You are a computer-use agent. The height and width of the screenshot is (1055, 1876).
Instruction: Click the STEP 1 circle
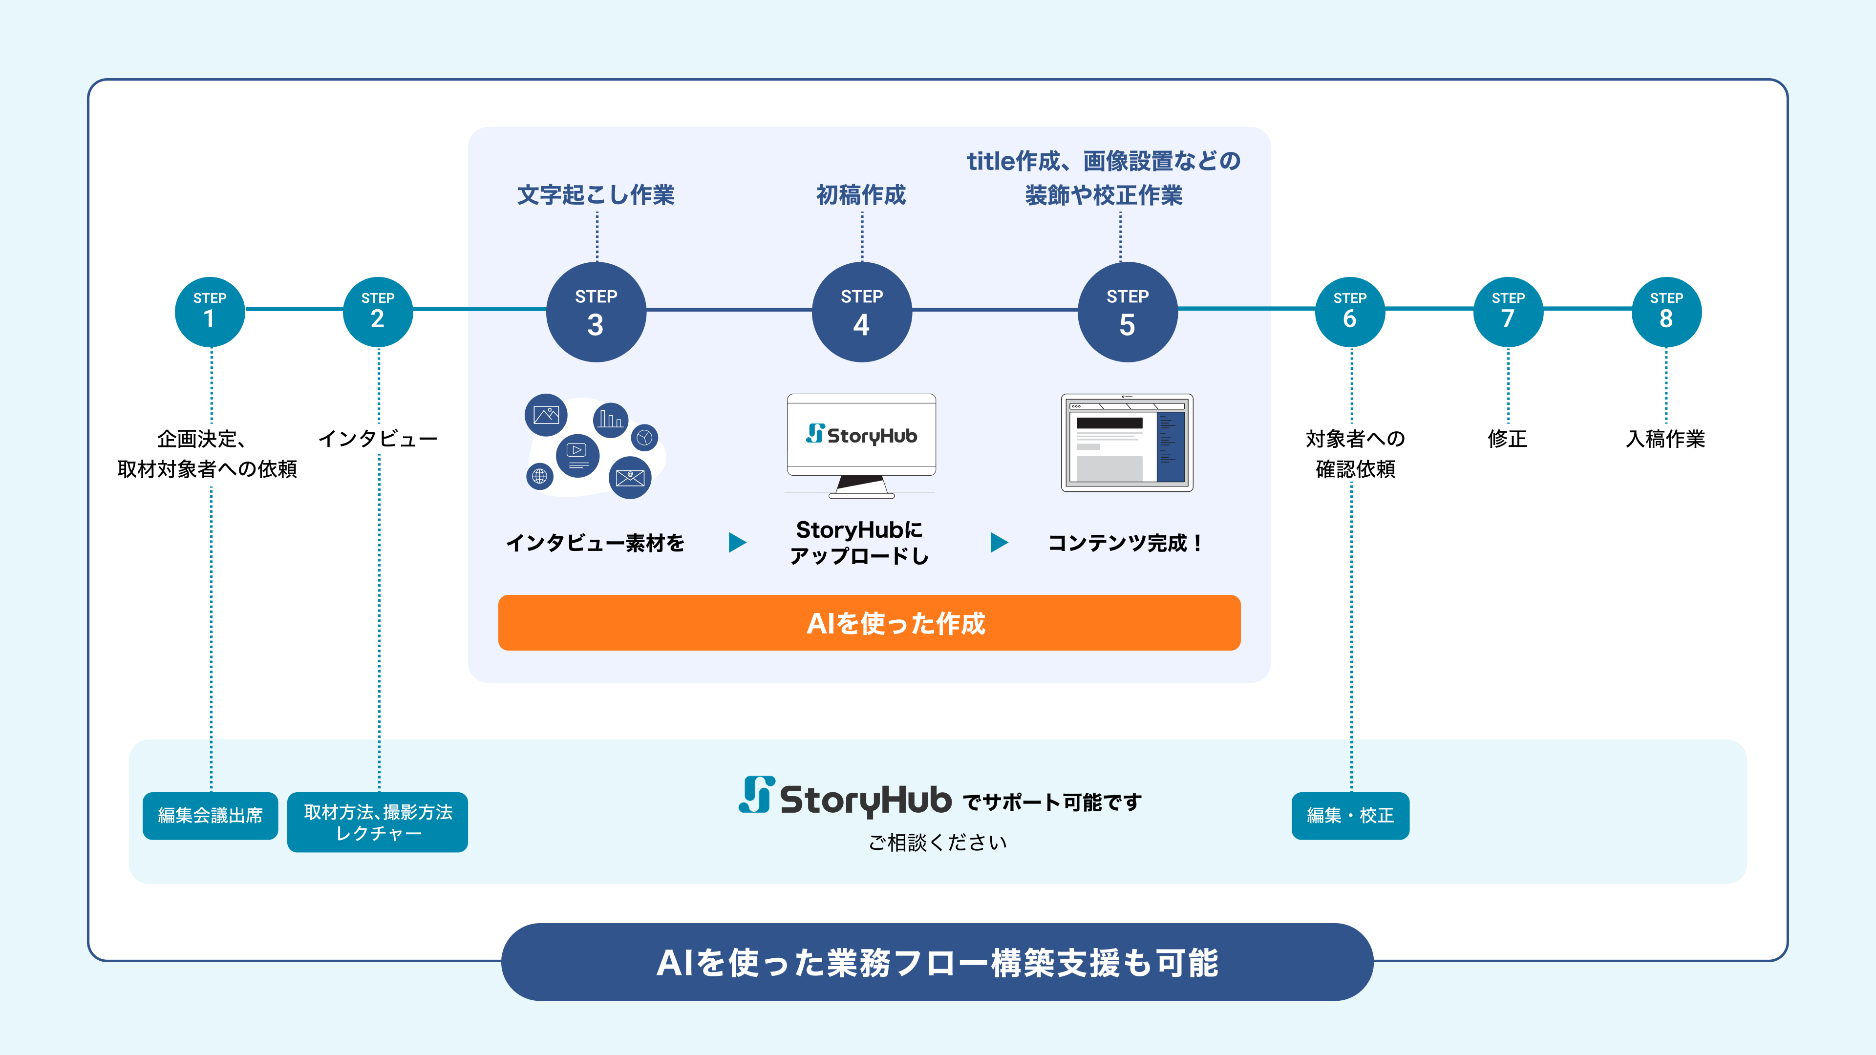pos(210,312)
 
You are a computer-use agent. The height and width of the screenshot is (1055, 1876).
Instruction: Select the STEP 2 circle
pos(377,312)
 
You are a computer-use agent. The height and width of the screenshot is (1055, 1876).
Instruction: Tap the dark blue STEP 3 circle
pos(596,312)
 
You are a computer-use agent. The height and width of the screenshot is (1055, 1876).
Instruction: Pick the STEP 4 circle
pos(861,312)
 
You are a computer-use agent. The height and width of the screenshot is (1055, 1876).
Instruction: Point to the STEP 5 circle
pos(1128,312)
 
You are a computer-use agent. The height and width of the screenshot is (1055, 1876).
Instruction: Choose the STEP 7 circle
pos(1508,312)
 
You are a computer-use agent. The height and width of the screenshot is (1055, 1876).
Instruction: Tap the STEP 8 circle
pos(1666,312)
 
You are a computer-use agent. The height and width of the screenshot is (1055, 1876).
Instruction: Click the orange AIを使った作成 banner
pos(869,623)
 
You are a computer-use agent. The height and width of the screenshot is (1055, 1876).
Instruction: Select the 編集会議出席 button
pos(210,816)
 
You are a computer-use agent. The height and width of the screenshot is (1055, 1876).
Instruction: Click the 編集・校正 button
pos(1350,816)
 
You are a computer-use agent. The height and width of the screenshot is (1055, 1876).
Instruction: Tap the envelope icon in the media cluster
pos(630,478)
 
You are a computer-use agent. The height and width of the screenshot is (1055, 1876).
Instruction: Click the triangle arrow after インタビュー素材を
pos(737,543)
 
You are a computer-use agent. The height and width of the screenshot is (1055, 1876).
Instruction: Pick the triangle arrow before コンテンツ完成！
pos(999,543)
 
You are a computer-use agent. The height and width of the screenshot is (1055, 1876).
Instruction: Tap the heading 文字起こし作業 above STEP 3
pos(596,195)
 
